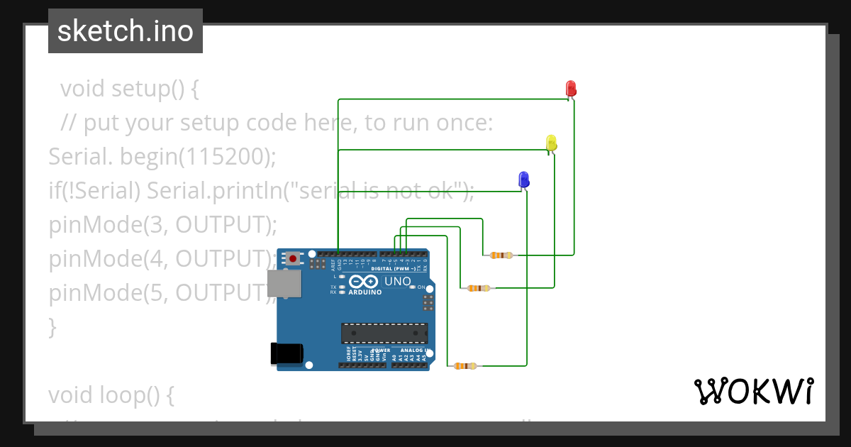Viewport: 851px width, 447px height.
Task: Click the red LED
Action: pos(571,89)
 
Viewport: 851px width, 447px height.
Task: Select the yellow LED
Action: pos(551,143)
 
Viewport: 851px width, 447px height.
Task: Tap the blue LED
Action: pos(524,179)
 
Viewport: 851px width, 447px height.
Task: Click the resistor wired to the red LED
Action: pos(501,255)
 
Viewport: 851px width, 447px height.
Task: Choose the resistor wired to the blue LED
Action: pos(465,366)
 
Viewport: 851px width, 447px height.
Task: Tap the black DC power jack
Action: pos(287,354)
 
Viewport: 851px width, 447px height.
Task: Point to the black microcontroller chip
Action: pos(384,333)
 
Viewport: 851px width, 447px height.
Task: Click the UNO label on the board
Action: pos(397,282)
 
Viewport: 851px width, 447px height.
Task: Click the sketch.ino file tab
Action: pos(126,31)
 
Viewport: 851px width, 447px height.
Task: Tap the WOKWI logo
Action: pos(753,391)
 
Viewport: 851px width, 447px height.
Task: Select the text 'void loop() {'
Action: pos(111,394)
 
